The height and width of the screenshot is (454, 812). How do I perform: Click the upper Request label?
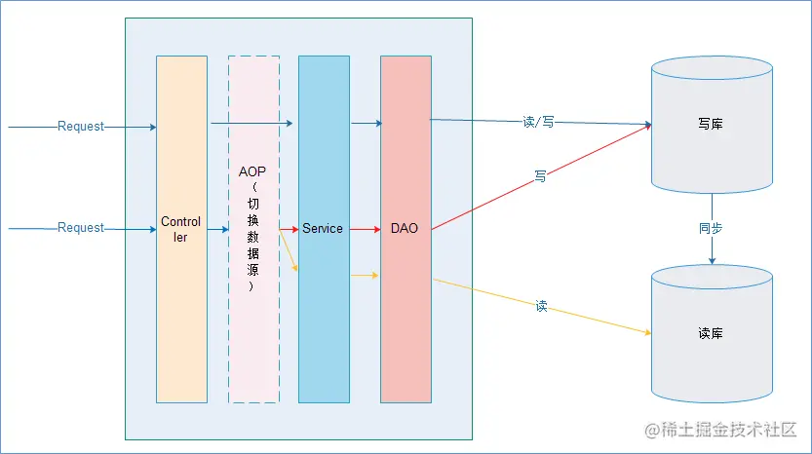(x=81, y=127)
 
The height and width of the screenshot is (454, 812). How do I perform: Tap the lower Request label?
(x=81, y=228)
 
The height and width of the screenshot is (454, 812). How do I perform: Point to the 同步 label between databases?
(x=711, y=228)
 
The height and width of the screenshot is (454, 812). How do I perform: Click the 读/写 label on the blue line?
(x=538, y=123)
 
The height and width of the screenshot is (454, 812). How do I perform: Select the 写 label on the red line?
(x=539, y=177)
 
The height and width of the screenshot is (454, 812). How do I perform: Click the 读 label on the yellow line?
(x=541, y=306)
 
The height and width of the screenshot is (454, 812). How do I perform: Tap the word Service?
(x=323, y=228)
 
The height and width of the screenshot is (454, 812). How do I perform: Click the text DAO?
(x=405, y=228)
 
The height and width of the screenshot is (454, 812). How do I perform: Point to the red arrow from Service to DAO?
(x=365, y=229)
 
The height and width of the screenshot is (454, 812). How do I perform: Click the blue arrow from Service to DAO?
(x=367, y=123)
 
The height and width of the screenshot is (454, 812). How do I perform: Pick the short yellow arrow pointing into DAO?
(x=365, y=276)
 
